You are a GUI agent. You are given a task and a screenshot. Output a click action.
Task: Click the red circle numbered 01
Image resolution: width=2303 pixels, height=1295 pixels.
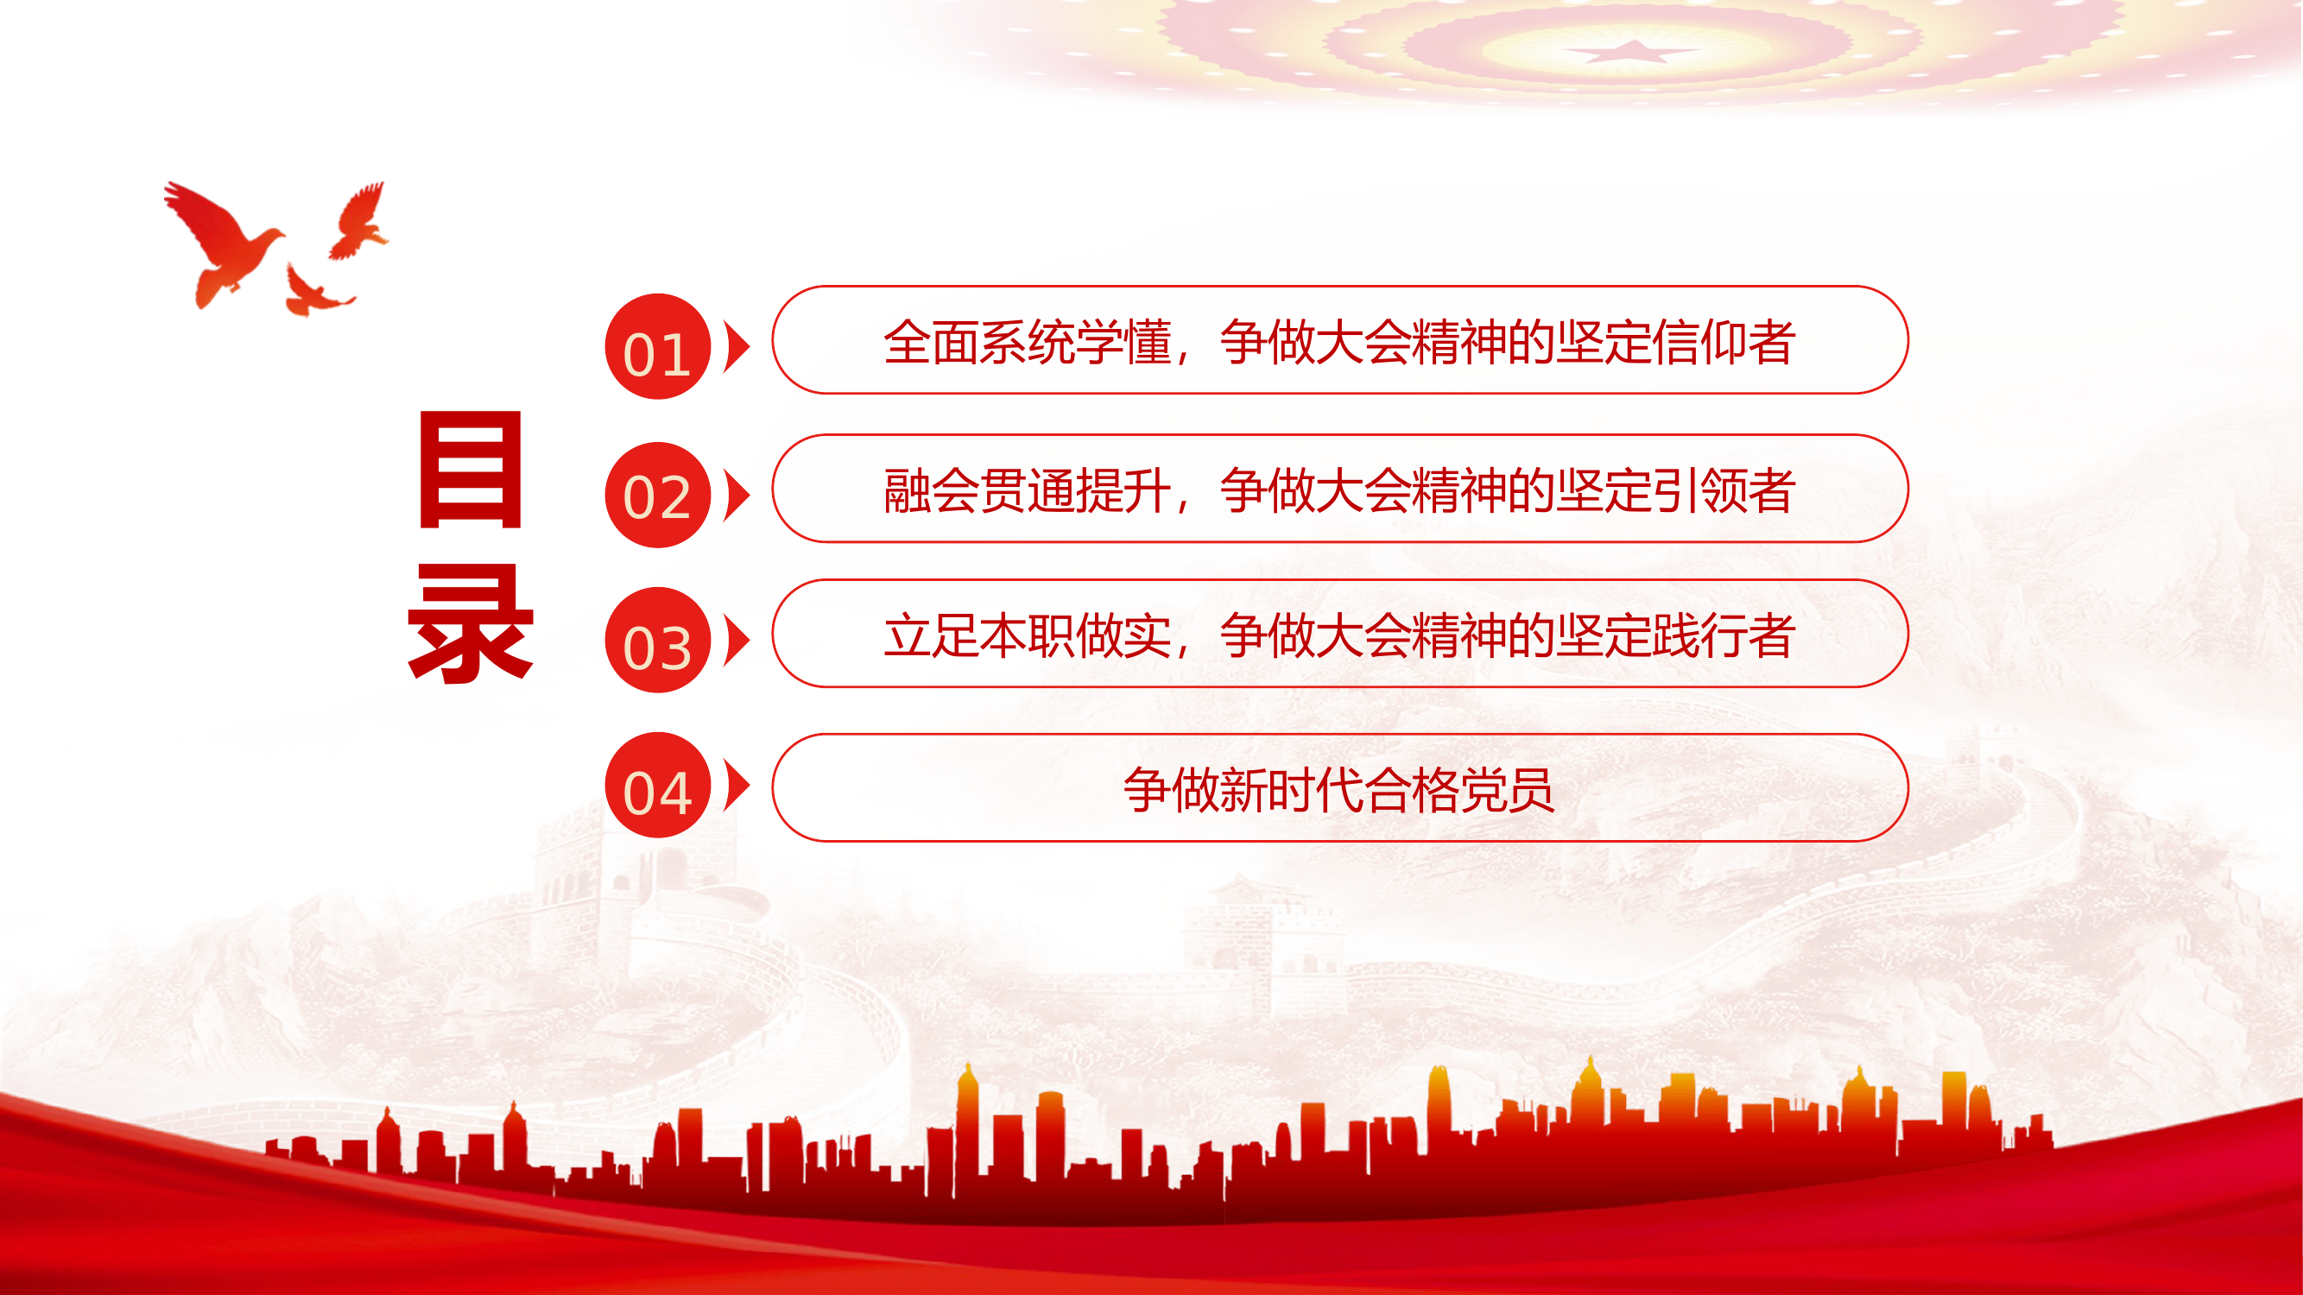pos(657,347)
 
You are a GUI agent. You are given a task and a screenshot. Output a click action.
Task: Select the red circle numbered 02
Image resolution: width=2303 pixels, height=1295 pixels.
pos(657,495)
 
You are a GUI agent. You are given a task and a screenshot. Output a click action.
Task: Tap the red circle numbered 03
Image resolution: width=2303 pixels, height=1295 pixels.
pos(657,640)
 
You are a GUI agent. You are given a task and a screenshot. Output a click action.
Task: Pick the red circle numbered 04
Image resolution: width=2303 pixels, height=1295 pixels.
pos(657,786)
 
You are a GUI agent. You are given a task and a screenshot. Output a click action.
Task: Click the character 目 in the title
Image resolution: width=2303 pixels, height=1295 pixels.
pos(471,471)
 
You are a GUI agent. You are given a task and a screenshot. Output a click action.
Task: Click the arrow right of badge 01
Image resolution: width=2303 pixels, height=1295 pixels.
pos(737,347)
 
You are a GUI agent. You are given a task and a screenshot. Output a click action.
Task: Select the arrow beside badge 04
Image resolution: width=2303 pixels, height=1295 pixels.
pos(737,786)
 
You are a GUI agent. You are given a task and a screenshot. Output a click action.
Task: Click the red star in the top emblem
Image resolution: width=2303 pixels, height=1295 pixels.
pos(1634,51)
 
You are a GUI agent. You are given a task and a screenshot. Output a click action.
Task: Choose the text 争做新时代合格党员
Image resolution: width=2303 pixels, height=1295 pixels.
pos(1338,790)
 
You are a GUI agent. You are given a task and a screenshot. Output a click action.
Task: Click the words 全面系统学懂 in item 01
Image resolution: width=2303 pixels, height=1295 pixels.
pos(1028,342)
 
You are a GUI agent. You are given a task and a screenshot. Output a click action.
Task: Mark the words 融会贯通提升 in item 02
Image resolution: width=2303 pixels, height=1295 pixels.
pos(1028,490)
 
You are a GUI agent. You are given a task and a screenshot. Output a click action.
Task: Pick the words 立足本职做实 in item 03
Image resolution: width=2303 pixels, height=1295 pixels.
pos(1028,636)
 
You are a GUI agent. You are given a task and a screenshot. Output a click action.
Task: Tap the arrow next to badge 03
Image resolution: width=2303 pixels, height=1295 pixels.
pos(737,640)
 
